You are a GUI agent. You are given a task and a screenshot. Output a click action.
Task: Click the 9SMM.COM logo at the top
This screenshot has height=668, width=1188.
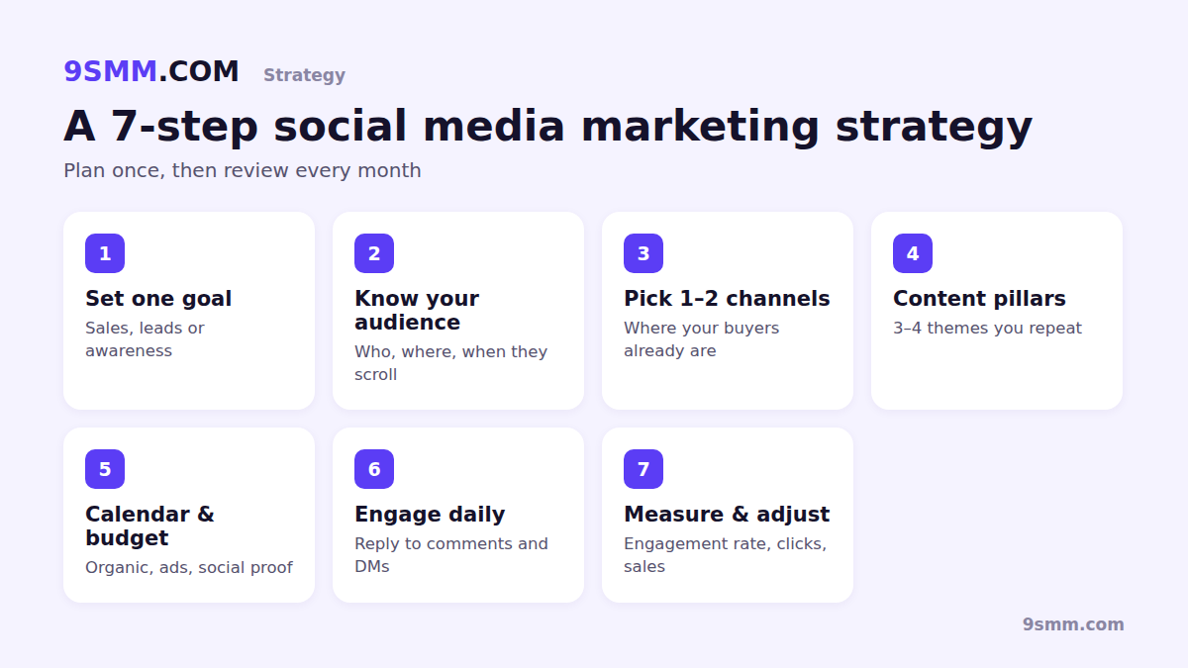(151, 71)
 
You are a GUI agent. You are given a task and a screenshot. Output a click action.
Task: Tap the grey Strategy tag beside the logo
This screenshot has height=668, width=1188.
(305, 75)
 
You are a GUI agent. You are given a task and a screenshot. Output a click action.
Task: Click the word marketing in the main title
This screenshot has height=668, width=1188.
(700, 128)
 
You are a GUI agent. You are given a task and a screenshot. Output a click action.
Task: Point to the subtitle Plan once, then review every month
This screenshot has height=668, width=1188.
(243, 170)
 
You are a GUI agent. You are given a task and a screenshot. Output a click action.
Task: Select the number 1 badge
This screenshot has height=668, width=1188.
(105, 253)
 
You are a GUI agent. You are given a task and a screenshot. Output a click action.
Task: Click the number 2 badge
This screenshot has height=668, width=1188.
(374, 253)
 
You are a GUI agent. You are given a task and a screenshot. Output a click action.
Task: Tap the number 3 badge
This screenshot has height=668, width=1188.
(643, 253)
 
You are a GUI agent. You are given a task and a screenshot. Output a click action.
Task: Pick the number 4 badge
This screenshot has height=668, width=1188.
(913, 253)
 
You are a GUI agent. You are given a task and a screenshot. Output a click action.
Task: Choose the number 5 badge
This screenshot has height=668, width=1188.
(105, 469)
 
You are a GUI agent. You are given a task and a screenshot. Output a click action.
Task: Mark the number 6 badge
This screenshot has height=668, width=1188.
(374, 469)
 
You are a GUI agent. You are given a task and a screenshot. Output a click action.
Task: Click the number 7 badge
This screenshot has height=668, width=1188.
(643, 469)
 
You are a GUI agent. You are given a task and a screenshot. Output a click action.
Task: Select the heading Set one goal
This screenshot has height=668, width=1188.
(158, 299)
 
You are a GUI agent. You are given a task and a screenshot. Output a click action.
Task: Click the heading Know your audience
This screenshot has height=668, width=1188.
(417, 310)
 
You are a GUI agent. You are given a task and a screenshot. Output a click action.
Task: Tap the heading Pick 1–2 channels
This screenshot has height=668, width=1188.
(727, 299)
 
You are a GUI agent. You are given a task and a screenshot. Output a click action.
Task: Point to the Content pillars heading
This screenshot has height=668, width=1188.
(979, 299)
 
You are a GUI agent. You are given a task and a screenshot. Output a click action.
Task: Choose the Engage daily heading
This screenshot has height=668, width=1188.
(430, 515)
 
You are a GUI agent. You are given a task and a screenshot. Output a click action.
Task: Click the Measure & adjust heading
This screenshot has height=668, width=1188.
(727, 515)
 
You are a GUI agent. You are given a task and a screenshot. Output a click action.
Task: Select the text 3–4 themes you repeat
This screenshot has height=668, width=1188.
(988, 329)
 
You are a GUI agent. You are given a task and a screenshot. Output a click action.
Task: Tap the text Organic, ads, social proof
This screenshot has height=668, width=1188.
(189, 568)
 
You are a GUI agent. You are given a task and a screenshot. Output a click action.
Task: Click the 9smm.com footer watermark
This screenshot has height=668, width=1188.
(1073, 624)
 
